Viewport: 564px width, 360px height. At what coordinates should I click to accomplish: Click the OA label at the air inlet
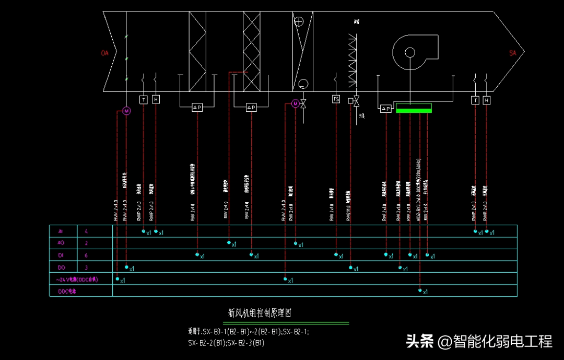(105, 53)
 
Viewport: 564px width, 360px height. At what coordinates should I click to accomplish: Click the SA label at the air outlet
(512, 53)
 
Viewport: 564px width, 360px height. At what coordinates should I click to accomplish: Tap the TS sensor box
(336, 99)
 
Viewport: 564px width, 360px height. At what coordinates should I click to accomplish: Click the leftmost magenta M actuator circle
(126, 111)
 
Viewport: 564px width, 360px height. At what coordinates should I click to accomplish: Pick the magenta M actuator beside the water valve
(295, 104)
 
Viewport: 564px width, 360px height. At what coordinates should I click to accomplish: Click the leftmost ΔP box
(197, 107)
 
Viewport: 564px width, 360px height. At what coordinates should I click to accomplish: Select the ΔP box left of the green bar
(385, 109)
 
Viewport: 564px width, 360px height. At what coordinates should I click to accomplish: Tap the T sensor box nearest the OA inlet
(144, 99)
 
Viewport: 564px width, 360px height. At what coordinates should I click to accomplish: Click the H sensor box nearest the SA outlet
(487, 100)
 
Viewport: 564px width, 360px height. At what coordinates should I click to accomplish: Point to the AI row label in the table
(60, 231)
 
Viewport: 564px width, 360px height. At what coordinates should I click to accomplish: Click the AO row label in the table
(60, 243)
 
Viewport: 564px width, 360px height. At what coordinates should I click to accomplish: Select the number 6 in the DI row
(86, 255)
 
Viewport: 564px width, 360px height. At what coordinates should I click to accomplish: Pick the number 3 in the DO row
(86, 268)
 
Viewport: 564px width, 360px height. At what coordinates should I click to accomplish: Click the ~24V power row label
(78, 280)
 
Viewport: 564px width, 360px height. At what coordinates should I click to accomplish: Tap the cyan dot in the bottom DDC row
(420, 290)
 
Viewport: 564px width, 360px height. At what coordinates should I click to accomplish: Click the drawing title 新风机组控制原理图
(260, 313)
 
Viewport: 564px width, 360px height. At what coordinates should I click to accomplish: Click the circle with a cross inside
(299, 21)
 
